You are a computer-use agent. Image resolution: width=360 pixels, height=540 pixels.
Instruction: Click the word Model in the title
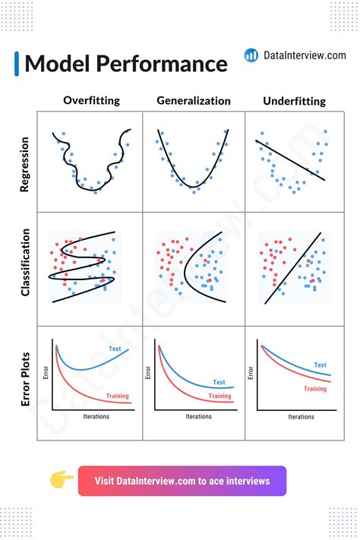[57, 64]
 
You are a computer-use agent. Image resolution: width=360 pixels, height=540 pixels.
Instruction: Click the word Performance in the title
[160, 64]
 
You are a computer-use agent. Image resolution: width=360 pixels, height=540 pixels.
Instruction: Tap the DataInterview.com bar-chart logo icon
[251, 55]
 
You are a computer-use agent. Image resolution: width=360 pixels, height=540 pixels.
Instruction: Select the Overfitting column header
[91, 100]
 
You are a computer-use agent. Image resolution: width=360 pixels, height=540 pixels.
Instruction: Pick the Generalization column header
[193, 100]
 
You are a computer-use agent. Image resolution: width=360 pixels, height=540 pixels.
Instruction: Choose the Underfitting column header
[294, 100]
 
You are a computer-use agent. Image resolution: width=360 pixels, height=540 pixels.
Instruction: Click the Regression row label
[24, 163]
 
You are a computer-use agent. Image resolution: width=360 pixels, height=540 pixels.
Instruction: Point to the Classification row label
[24, 263]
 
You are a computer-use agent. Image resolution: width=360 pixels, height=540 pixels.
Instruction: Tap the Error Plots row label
[24, 377]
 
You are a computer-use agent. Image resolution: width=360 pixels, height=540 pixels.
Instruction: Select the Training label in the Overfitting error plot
[116, 396]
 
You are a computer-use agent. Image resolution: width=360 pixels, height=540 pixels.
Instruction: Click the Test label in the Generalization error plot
[219, 382]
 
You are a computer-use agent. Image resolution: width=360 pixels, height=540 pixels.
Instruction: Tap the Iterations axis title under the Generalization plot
[198, 417]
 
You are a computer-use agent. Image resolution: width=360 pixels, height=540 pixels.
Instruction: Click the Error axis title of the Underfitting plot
[251, 373]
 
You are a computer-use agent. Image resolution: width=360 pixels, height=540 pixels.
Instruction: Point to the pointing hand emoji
[62, 481]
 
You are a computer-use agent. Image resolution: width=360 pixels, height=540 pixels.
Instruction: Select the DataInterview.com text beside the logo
[306, 55]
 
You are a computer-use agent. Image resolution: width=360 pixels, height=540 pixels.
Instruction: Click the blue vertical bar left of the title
[17, 64]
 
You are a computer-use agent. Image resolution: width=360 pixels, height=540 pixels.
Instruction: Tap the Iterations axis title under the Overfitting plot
[96, 417]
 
